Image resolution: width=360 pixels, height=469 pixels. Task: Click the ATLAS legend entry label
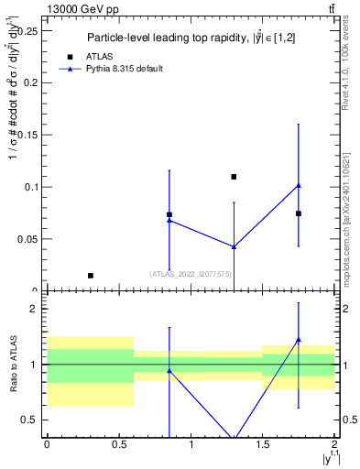[x=100, y=57]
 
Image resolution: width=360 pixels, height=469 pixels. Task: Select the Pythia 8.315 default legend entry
[x=123, y=69]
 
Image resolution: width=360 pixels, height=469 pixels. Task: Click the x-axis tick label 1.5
[x=263, y=444]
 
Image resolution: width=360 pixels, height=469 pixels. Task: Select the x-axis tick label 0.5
[x=118, y=444]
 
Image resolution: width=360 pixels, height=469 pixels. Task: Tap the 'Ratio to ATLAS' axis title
[x=12, y=365]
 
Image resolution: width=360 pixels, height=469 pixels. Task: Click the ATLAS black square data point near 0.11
[x=234, y=177]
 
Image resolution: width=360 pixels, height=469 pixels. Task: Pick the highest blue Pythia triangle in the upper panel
[x=299, y=186]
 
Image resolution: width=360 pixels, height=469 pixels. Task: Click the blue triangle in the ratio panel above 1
[x=299, y=340]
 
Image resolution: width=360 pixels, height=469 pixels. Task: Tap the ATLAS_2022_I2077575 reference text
[x=190, y=273]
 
